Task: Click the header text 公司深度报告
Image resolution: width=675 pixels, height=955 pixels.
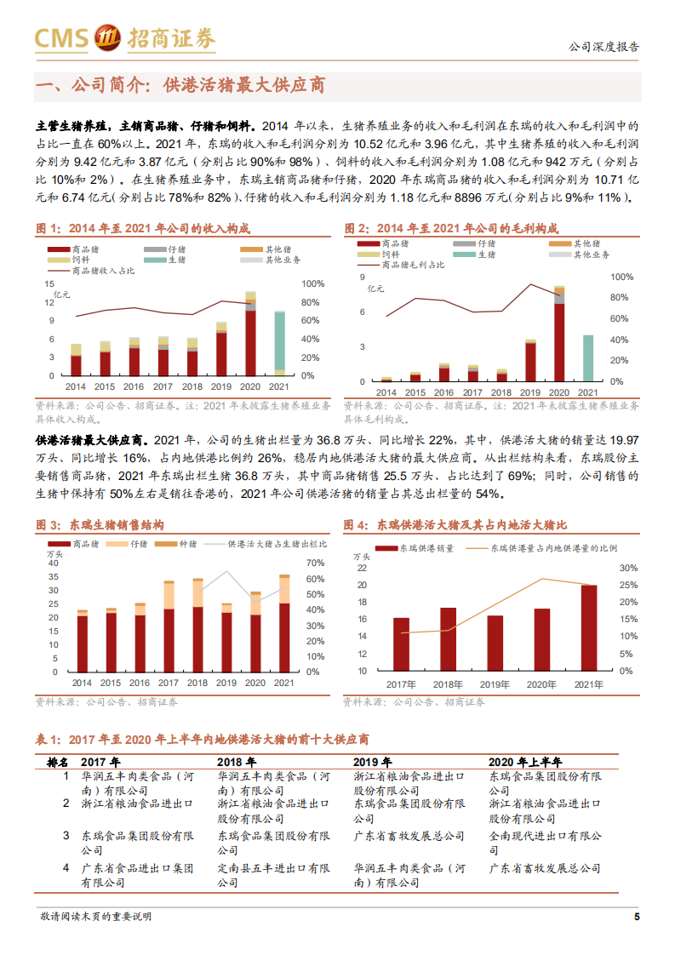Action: click(x=603, y=47)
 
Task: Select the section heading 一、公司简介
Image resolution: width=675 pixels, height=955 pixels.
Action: click(x=180, y=86)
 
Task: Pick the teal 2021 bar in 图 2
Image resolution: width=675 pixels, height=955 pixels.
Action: click(x=587, y=357)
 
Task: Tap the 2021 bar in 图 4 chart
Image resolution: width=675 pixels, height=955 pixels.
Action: click(x=589, y=627)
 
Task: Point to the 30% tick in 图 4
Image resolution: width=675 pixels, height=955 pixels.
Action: click(x=628, y=568)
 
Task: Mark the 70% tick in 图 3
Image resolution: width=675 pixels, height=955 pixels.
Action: click(x=315, y=563)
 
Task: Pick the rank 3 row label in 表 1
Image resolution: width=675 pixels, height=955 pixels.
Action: click(x=66, y=837)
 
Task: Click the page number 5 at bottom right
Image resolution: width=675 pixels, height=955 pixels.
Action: click(x=637, y=917)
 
